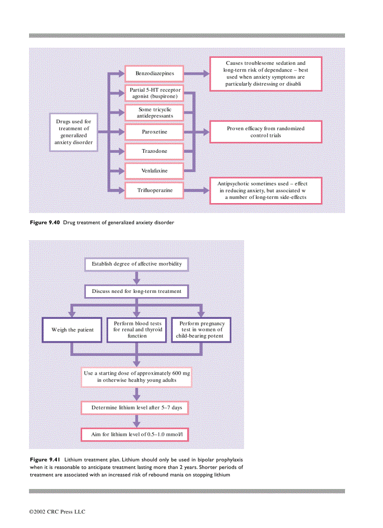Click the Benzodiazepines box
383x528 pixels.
click(x=154, y=73)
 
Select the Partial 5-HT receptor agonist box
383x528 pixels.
click(x=154, y=93)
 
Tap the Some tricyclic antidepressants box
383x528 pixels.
click(x=154, y=112)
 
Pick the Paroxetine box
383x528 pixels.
click(x=154, y=132)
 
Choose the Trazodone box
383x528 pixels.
click(x=154, y=151)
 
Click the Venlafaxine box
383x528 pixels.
click(x=154, y=171)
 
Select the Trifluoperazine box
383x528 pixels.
click(x=154, y=190)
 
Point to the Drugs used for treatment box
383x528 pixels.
click(x=73, y=132)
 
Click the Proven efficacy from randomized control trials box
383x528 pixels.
click(x=266, y=132)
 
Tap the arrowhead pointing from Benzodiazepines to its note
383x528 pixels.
click(x=206, y=73)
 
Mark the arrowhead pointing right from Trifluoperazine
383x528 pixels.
click(x=206, y=190)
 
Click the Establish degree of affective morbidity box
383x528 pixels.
click(x=137, y=264)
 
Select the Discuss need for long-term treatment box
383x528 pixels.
click(x=137, y=292)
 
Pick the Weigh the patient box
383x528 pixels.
click(x=72, y=330)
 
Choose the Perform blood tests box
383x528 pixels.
click(x=137, y=330)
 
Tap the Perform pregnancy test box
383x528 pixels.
click(x=202, y=330)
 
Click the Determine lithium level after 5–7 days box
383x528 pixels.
click(x=137, y=407)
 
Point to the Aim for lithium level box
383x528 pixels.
click(x=137, y=435)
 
